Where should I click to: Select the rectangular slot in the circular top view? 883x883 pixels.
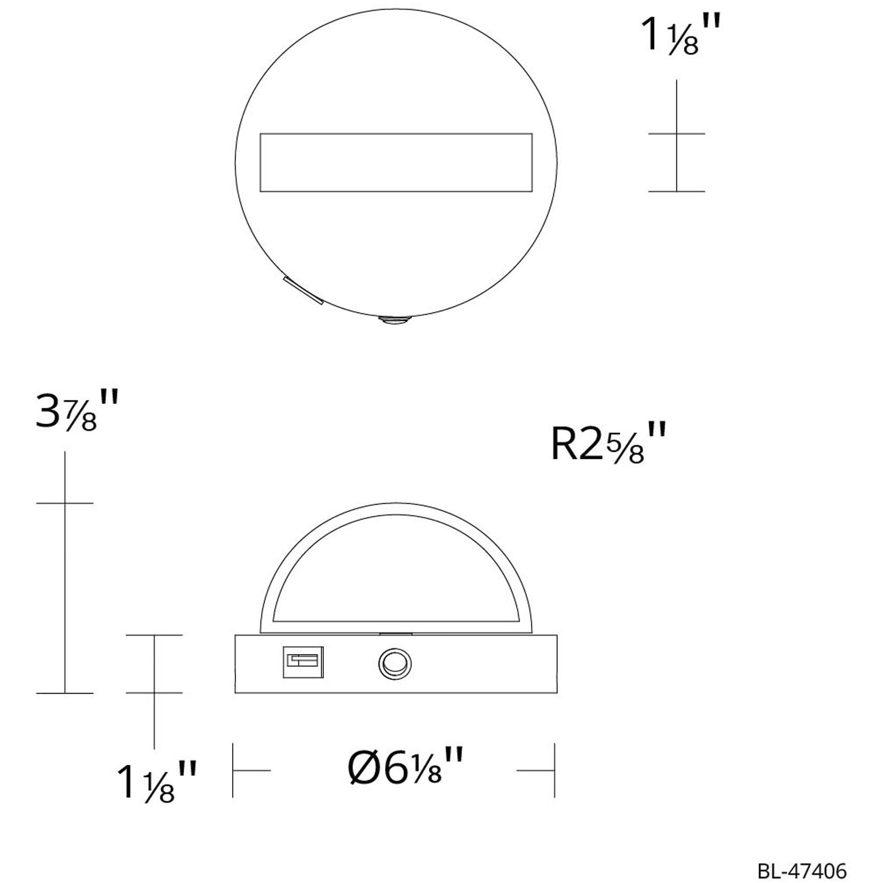396,162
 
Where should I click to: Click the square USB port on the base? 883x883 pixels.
303,661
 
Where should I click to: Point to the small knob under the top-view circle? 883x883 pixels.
396,321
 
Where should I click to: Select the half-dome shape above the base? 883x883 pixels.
396,570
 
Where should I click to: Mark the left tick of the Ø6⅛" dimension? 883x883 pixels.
233,770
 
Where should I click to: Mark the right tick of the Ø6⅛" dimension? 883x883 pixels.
554,770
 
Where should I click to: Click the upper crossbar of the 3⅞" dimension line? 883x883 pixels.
65,503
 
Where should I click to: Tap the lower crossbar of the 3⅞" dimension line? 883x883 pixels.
65,693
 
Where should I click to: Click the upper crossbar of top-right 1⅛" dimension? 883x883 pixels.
677,134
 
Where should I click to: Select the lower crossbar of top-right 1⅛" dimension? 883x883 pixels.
677,191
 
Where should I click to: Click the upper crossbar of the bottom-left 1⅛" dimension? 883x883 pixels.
154,635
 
